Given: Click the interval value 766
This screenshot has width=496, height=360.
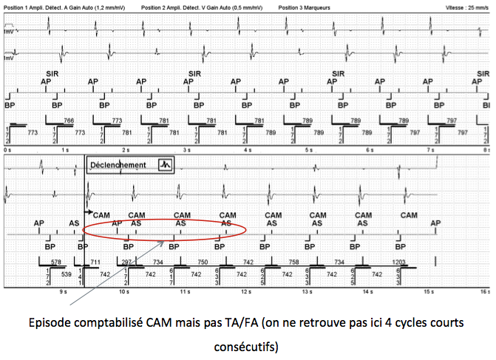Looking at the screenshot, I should pyautogui.click(x=69, y=120).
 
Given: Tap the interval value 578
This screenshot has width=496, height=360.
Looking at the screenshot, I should pyautogui.click(x=55, y=262).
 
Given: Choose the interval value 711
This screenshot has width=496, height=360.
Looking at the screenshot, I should pyautogui.click(x=95, y=262).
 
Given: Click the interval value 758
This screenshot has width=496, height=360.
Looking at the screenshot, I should pyautogui.click(x=294, y=262).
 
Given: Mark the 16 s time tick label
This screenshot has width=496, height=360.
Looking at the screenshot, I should pyautogui.click(x=484, y=292).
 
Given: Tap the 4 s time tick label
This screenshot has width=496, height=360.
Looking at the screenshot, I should pyautogui.click(x=245, y=150).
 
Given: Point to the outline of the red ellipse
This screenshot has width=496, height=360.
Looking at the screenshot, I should pyautogui.click(x=245, y=231).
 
